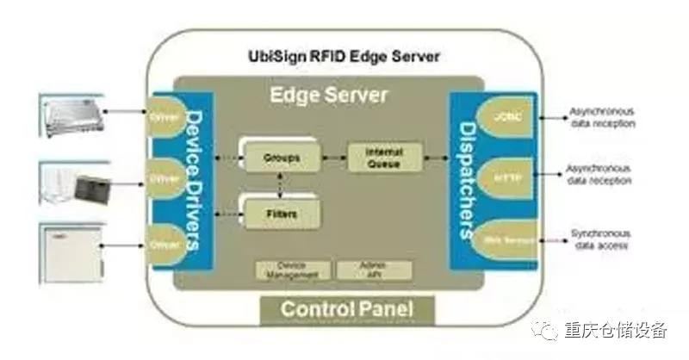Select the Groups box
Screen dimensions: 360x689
[277, 158]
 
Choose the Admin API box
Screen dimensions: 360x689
[374, 270]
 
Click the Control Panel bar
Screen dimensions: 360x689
[347, 309]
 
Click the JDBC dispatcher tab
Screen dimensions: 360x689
[503, 115]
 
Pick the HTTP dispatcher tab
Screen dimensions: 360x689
[503, 175]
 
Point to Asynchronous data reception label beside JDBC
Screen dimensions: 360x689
[602, 117]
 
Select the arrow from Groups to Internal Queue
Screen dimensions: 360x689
[333, 158]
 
